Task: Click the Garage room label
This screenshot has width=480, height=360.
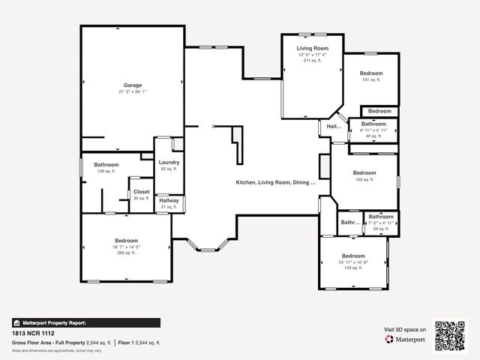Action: [x=132, y=85]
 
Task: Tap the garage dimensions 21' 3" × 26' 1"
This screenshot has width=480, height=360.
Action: [x=132, y=91]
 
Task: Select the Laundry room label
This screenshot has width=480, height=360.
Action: [x=168, y=162]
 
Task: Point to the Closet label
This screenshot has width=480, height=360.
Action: [x=141, y=191]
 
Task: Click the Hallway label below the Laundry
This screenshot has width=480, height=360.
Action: [x=169, y=200]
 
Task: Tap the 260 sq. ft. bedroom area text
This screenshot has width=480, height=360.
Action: [x=126, y=253]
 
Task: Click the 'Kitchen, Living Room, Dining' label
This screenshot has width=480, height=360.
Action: [x=276, y=182]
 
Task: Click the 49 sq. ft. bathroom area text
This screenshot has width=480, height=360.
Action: [x=373, y=136]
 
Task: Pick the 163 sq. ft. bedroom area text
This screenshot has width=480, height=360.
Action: [x=364, y=179]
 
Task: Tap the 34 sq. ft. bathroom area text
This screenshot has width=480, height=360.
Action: [x=380, y=229]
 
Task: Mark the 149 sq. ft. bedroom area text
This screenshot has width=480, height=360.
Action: [x=352, y=268]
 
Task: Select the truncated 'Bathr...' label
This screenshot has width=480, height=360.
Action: [x=350, y=223]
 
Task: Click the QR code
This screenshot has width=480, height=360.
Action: [x=449, y=336]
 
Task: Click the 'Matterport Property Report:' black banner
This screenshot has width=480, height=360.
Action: [x=86, y=322]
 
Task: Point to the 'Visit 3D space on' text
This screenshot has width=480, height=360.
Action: [x=405, y=329]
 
